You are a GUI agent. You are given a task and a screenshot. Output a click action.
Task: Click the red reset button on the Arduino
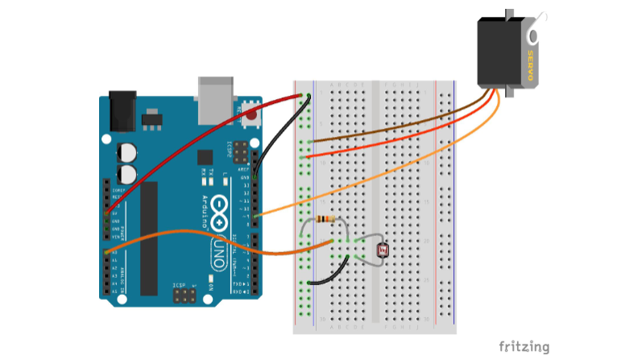pos(252,114)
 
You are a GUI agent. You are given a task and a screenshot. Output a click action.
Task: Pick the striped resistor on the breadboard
pos(324,219)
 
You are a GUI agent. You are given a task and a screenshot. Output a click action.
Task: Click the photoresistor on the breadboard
pos(383,250)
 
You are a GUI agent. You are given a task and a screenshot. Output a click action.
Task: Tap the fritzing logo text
pos(524,347)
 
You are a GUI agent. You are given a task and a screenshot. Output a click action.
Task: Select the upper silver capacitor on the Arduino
pos(126,152)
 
